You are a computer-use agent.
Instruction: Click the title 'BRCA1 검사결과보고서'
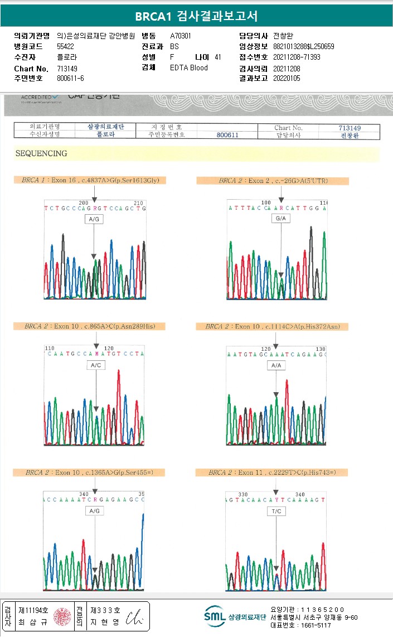pos(196,16)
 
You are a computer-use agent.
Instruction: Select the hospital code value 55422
pos(66,46)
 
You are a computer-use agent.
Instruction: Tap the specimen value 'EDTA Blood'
pos(189,67)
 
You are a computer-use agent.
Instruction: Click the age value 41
pos(217,57)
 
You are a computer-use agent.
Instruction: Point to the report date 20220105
pos(287,78)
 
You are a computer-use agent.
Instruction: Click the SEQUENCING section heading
pos(41,153)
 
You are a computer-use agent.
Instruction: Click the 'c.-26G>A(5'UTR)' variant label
pos(273,181)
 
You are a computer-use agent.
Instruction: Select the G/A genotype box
pos(281,219)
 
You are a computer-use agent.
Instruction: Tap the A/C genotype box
pos(95,365)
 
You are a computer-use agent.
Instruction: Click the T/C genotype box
pos(276,511)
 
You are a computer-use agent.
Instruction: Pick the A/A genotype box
pos(275,365)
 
